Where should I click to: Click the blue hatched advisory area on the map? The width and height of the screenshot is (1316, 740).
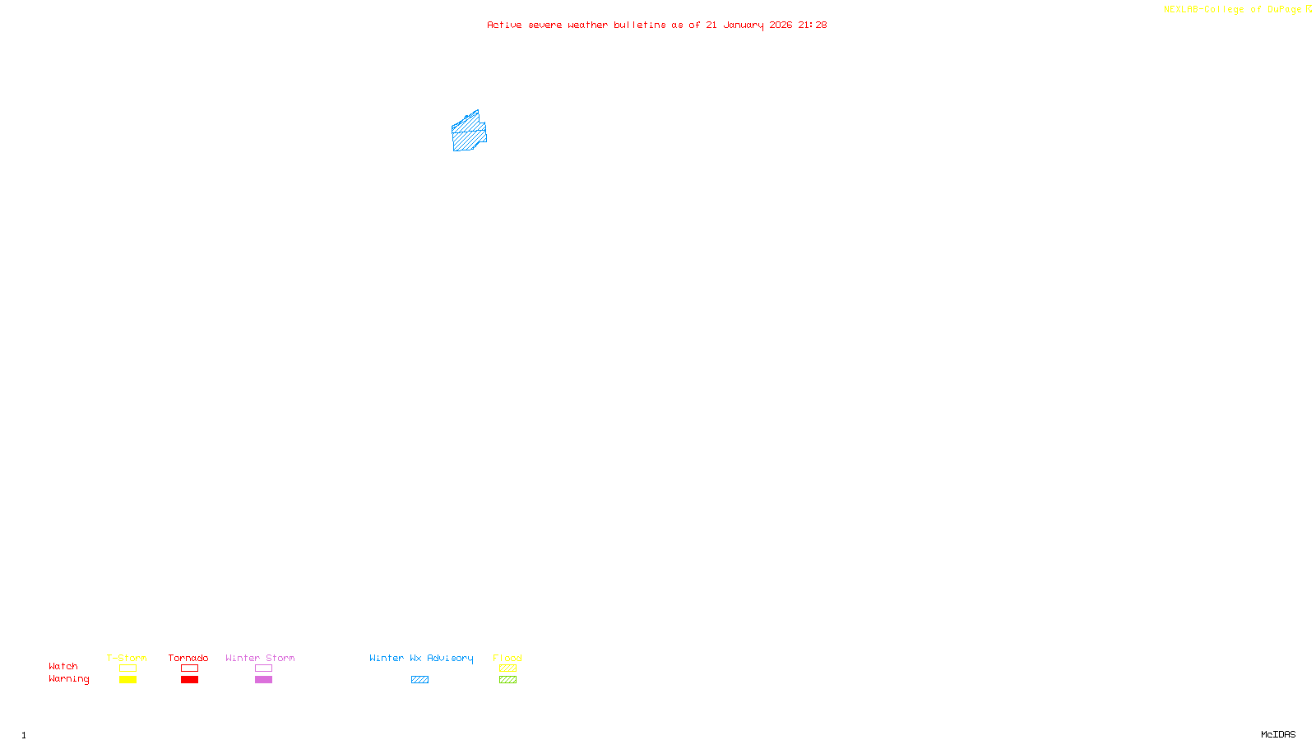(469, 133)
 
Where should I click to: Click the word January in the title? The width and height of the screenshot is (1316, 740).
(743, 25)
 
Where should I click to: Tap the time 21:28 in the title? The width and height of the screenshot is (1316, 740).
(812, 25)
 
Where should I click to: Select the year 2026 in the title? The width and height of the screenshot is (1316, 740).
(781, 25)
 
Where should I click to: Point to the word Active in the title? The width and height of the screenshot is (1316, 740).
(503, 25)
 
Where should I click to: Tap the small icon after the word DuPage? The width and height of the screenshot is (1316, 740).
(1309, 9)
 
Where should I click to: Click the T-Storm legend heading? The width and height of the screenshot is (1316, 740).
(127, 658)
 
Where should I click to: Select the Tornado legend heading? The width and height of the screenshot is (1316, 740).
(188, 658)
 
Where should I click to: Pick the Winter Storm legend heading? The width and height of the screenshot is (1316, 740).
(260, 658)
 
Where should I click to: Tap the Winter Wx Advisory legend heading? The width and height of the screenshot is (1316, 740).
(421, 658)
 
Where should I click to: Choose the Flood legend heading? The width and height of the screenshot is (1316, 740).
(507, 658)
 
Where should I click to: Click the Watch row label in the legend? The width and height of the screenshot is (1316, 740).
(63, 666)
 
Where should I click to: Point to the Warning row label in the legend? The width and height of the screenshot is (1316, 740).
(68, 679)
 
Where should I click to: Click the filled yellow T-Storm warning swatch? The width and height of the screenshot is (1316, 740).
(127, 680)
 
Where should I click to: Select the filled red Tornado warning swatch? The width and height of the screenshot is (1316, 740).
(189, 680)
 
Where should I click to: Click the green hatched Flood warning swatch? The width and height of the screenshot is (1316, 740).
(507, 680)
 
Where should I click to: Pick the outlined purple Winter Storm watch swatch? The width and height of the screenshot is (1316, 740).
(263, 668)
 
